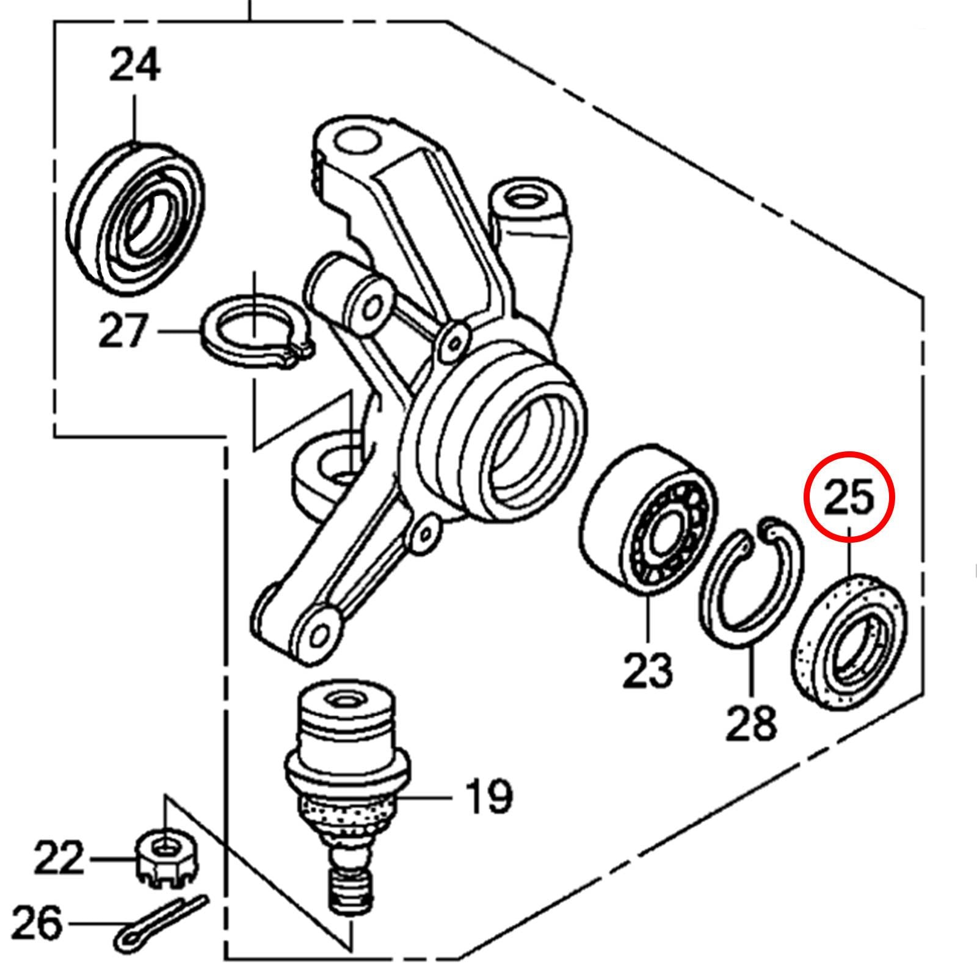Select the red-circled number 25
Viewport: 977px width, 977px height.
(x=849, y=496)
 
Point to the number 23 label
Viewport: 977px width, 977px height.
(x=647, y=670)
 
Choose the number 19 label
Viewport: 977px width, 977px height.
(x=488, y=796)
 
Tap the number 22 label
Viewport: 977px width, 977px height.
(x=58, y=858)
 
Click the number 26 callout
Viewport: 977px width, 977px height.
(x=37, y=923)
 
